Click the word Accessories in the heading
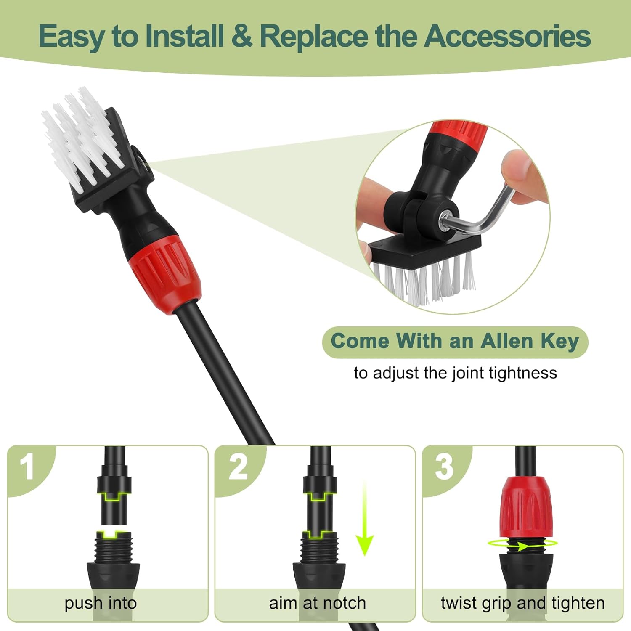coord(508,36)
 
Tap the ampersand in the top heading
coord(242,36)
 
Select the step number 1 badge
coord(27,467)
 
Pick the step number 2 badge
coord(238,467)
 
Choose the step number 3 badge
coord(445,467)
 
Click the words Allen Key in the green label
coord(530,341)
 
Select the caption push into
coord(101,604)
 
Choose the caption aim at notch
coord(318,603)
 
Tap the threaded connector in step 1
coord(114,547)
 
